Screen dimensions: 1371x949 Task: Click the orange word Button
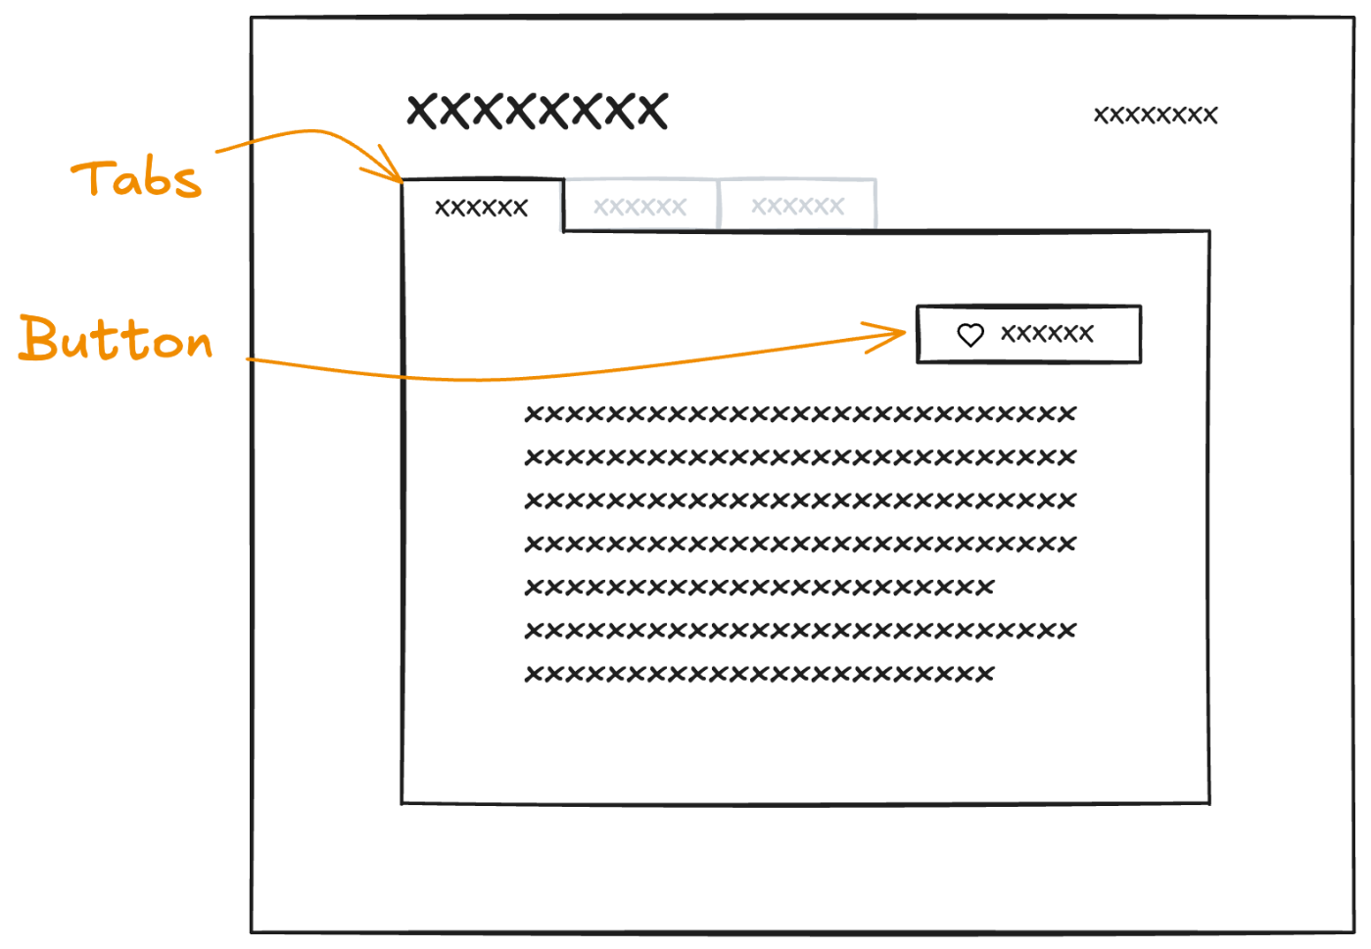click(x=116, y=338)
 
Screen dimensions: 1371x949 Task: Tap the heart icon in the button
click(x=970, y=335)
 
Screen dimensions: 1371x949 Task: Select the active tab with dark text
click(x=482, y=206)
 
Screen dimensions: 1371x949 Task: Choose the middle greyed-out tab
click(x=640, y=205)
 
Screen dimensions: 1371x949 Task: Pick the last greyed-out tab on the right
click(x=797, y=205)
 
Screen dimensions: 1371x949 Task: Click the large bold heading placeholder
click(x=538, y=111)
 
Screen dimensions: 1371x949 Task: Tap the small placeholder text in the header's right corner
click(x=1156, y=116)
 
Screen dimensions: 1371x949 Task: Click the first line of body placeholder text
click(x=800, y=414)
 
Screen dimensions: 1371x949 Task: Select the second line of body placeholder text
click(x=800, y=457)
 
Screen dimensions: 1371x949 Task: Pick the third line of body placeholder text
click(x=800, y=500)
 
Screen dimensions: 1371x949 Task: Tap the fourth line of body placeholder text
click(x=800, y=544)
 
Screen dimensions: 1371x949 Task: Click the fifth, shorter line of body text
click(x=760, y=588)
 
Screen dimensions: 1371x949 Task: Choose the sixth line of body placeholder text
click(x=800, y=631)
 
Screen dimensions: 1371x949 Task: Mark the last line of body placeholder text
click(x=760, y=674)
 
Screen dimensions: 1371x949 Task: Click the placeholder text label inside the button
click(x=1047, y=334)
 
